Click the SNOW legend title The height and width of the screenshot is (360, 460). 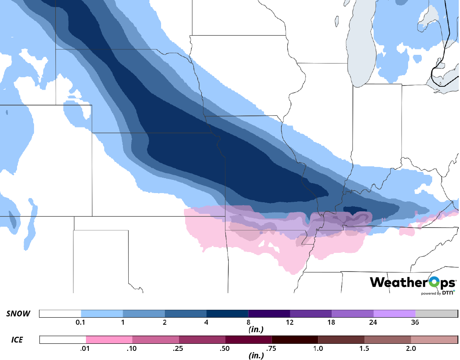tap(18, 314)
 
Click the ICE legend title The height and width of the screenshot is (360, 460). tap(17, 340)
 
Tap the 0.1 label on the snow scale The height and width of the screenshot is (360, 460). tap(81, 323)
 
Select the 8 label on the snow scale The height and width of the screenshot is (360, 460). tap(248, 323)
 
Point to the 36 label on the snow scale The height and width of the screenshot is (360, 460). tap(416, 323)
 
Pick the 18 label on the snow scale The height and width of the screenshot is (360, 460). tap(332, 323)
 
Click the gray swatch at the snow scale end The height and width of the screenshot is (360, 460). tap(436, 313)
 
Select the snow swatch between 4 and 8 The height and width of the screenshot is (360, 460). tap(227, 313)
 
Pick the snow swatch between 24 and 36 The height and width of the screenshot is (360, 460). tap(394, 313)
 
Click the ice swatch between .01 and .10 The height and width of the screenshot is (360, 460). tap(109, 340)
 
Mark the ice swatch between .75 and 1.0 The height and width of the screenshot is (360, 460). tap(295, 340)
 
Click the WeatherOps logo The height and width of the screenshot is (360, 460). tap(413, 283)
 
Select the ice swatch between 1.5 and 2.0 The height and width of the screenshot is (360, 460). tap(388, 340)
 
